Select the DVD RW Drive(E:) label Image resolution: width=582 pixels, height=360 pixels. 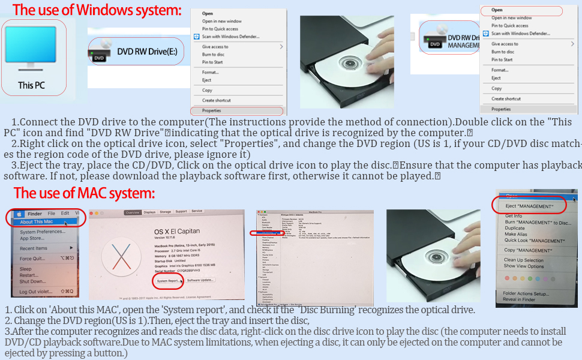pyautogui.click(x=147, y=52)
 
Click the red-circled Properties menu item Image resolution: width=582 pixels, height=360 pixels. pyautogui.click(x=212, y=111)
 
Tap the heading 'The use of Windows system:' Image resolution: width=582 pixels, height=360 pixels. pyautogui.click(x=97, y=10)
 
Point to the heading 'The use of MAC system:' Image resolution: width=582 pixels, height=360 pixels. pyautogui.click(x=84, y=193)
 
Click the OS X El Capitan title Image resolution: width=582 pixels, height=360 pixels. pyautogui.click(x=177, y=231)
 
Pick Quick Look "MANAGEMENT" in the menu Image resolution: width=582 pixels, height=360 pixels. pyautogui.click(x=533, y=240)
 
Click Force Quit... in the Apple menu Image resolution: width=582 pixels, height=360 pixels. pyautogui.click(x=34, y=259)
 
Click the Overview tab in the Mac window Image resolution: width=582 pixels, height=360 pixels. pyautogui.click(x=132, y=212)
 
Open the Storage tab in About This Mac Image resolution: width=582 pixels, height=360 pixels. pyautogui.click(x=165, y=212)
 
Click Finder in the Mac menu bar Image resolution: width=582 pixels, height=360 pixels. pyautogui.click(x=35, y=213)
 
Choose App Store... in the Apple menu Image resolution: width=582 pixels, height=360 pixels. pyautogui.click(x=32, y=238)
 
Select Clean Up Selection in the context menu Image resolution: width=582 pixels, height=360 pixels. pyautogui.click(x=524, y=260)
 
